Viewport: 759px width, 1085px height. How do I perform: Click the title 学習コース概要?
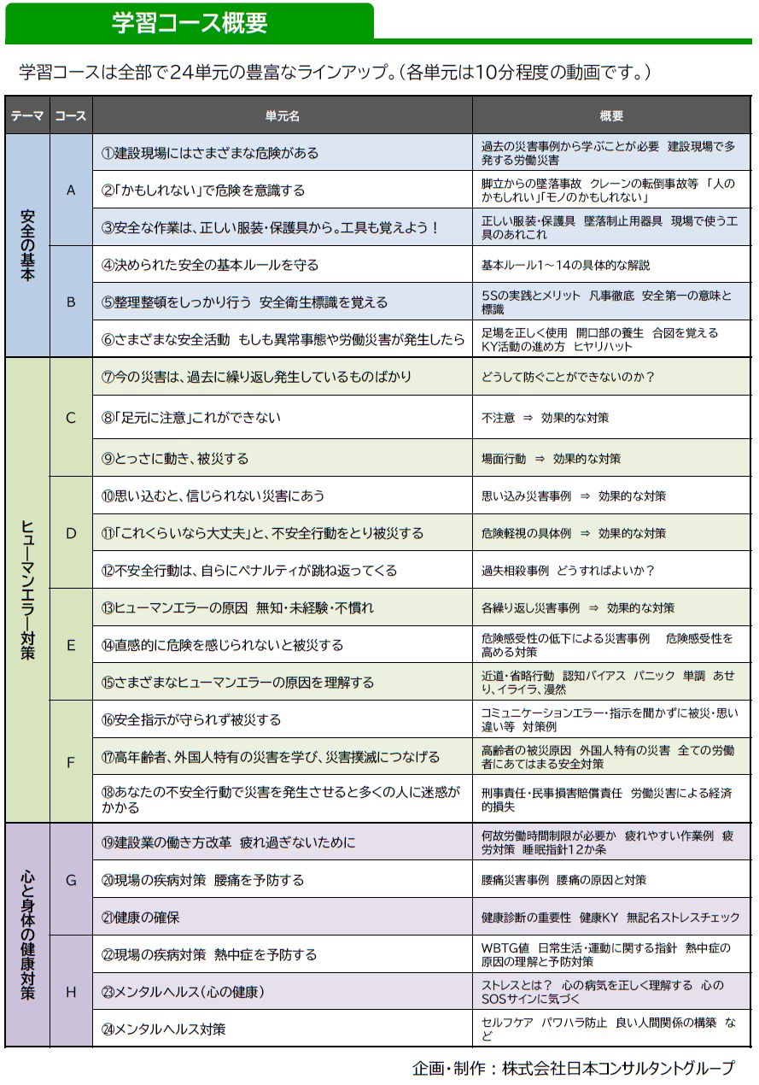(x=190, y=21)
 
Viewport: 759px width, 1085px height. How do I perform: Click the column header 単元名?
(x=282, y=115)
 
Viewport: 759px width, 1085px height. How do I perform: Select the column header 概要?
(x=611, y=115)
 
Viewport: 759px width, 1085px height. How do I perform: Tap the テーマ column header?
(x=27, y=115)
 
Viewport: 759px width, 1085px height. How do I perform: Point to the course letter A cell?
(x=71, y=190)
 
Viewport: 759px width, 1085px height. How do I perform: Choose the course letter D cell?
(x=71, y=533)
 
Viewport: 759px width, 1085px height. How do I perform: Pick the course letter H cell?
(x=71, y=992)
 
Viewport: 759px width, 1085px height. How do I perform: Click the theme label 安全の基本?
(x=27, y=245)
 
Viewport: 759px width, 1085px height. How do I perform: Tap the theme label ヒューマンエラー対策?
(x=27, y=589)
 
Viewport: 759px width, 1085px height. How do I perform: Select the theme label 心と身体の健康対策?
(x=27, y=935)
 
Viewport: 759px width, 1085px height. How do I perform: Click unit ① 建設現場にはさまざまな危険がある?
(x=210, y=153)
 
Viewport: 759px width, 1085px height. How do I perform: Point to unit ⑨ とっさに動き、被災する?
(x=175, y=459)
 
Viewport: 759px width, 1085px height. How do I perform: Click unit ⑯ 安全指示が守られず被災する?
(x=191, y=719)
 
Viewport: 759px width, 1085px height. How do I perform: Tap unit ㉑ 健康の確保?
(x=141, y=918)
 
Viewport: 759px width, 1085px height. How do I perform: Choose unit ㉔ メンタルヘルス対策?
(x=164, y=1029)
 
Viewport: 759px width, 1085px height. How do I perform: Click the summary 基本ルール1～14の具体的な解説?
(x=566, y=265)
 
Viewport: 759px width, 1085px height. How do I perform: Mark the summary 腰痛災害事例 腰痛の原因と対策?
(x=564, y=880)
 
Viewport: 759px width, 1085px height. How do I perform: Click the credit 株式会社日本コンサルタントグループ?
(x=617, y=1068)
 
